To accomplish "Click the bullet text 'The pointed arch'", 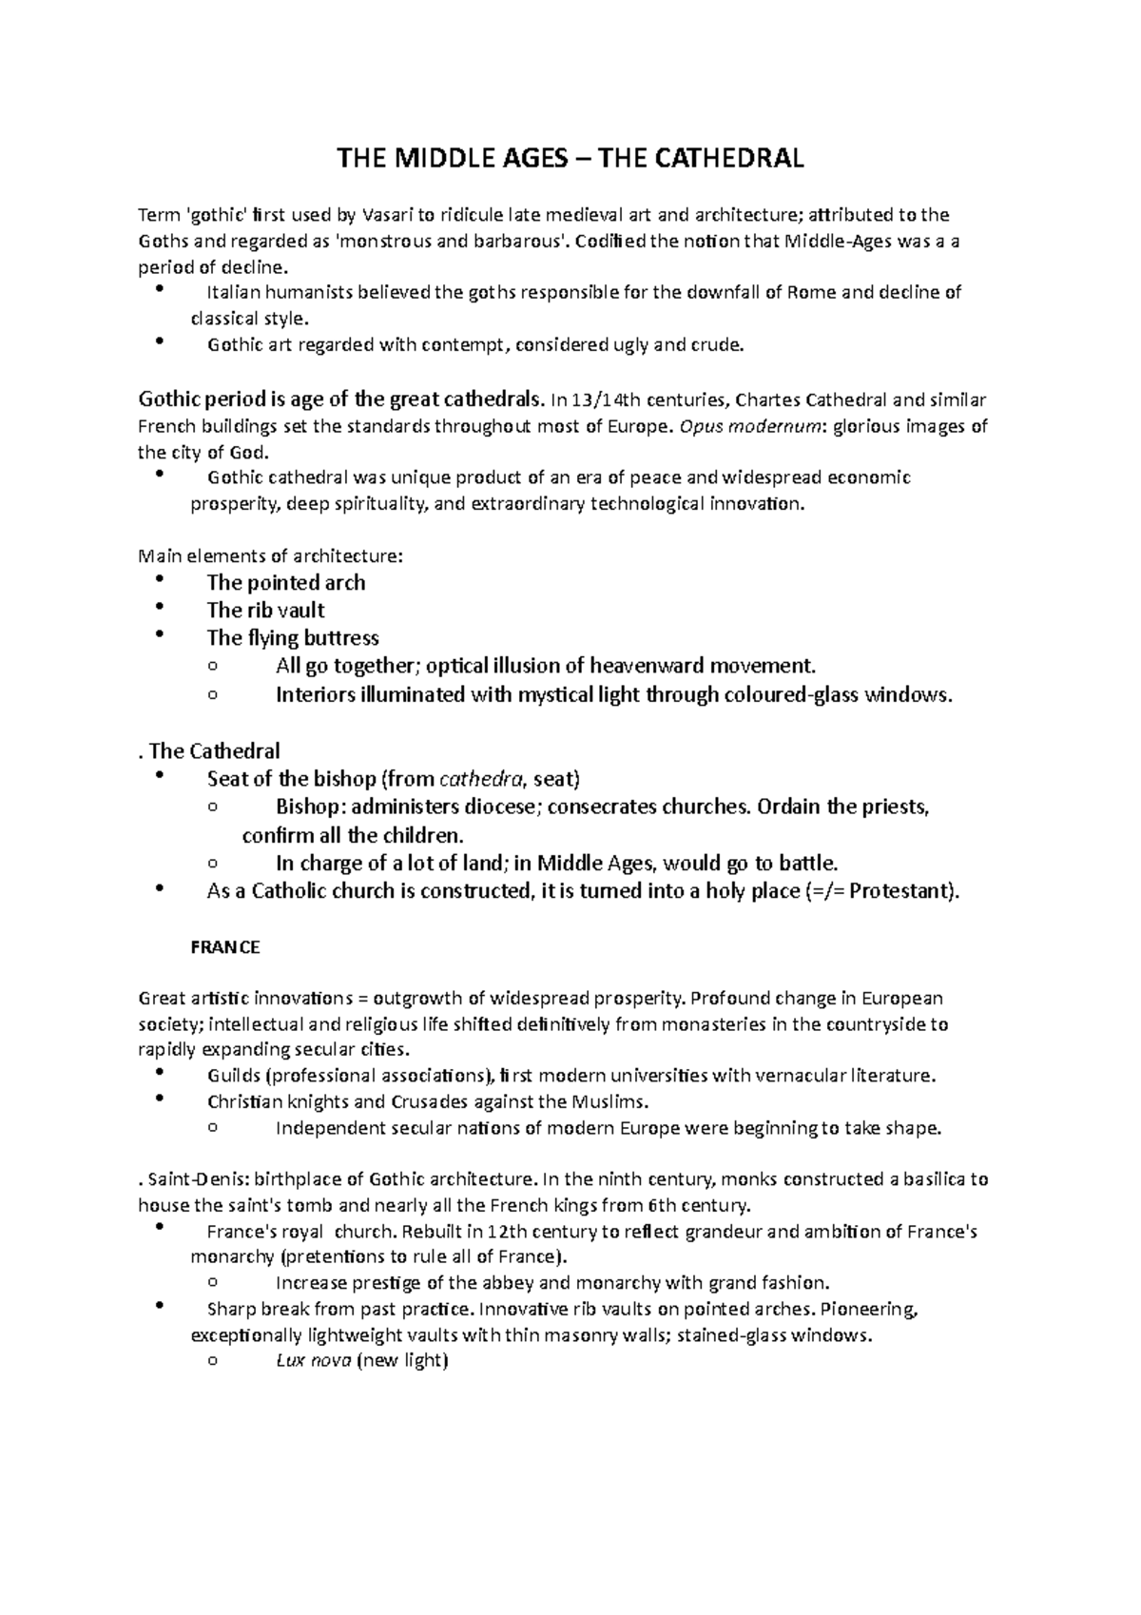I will pyautogui.click(x=286, y=582).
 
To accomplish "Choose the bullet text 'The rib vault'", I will pyautogui.click(x=266, y=610).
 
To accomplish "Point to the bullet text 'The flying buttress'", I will pyautogui.click(x=293, y=637).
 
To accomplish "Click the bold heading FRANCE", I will pyautogui.click(x=225, y=947).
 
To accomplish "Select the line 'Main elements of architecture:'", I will pyautogui.click(x=271, y=555).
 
